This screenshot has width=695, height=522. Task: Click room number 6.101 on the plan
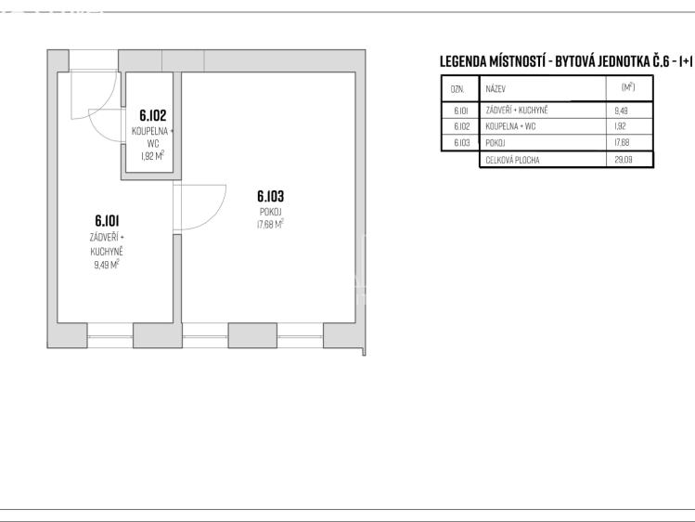tap(107, 220)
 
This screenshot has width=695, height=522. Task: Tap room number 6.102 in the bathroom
tap(152, 115)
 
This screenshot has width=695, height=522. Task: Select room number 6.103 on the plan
tap(270, 196)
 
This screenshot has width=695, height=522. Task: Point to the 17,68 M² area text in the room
tap(270, 225)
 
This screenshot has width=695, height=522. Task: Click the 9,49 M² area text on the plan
tap(107, 266)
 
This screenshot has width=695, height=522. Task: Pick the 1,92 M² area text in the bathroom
tap(152, 156)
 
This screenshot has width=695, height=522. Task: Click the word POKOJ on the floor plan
tap(270, 212)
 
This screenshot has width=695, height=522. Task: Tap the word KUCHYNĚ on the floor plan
tap(107, 252)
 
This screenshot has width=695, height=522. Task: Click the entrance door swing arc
tap(110, 101)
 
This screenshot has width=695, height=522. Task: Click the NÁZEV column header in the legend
tap(496, 89)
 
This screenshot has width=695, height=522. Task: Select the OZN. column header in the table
tap(457, 89)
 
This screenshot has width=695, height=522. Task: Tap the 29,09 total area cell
tap(624, 160)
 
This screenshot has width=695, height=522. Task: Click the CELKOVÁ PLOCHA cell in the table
tap(512, 160)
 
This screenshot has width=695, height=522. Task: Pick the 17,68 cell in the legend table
tap(622, 143)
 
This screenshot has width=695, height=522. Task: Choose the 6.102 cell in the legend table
tap(461, 126)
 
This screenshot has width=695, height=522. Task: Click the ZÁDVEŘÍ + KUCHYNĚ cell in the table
tap(517, 110)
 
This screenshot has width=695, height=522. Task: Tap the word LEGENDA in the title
tap(463, 61)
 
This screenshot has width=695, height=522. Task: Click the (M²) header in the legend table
tap(628, 87)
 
